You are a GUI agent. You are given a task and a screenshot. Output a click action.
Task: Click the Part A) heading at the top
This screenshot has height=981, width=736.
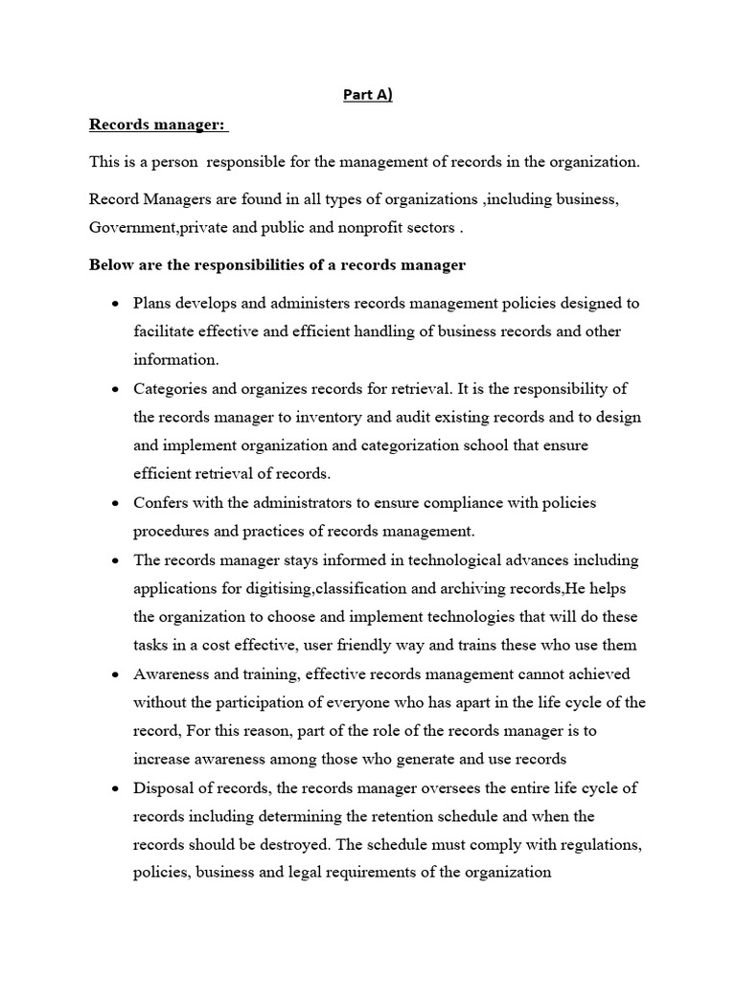pos(368,95)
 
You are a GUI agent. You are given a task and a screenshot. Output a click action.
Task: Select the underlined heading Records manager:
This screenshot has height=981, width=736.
pos(159,125)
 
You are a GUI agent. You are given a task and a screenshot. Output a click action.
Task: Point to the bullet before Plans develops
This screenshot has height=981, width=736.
pos(115,304)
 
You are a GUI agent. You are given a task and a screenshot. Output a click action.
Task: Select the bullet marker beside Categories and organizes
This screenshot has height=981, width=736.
pos(115,390)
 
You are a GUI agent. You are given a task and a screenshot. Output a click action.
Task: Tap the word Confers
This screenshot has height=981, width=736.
pos(162,503)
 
